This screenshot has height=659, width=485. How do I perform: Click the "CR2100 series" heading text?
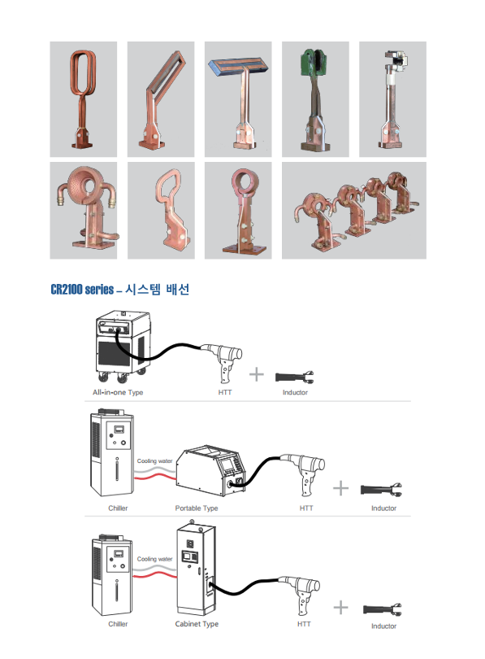tap(82, 290)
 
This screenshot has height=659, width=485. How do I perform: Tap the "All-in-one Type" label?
tap(118, 392)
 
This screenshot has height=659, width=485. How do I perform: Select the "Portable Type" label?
tap(197, 508)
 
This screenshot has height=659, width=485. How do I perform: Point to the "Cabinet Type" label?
tap(197, 624)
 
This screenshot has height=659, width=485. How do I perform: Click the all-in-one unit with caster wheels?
tap(123, 346)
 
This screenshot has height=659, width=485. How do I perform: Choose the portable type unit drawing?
tap(210, 470)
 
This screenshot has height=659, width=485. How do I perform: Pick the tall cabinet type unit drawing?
tap(197, 568)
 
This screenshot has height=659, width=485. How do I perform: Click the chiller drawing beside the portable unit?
tap(112, 452)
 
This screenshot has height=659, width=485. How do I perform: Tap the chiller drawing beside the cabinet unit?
tap(111, 575)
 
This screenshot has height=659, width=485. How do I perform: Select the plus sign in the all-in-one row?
tap(257, 374)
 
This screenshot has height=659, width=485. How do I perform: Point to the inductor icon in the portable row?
tap(381, 490)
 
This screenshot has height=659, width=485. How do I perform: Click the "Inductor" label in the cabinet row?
tap(383, 626)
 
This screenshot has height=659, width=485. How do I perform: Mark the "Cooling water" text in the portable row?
tap(155, 461)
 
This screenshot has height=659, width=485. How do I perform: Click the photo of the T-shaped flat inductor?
tap(238, 99)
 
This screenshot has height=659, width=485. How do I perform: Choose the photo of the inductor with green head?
tap(315, 99)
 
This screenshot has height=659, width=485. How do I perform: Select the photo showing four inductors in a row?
tap(354, 211)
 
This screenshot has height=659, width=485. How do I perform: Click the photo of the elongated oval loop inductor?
tap(84, 99)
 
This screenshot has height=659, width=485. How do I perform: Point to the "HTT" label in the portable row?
tap(306, 508)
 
